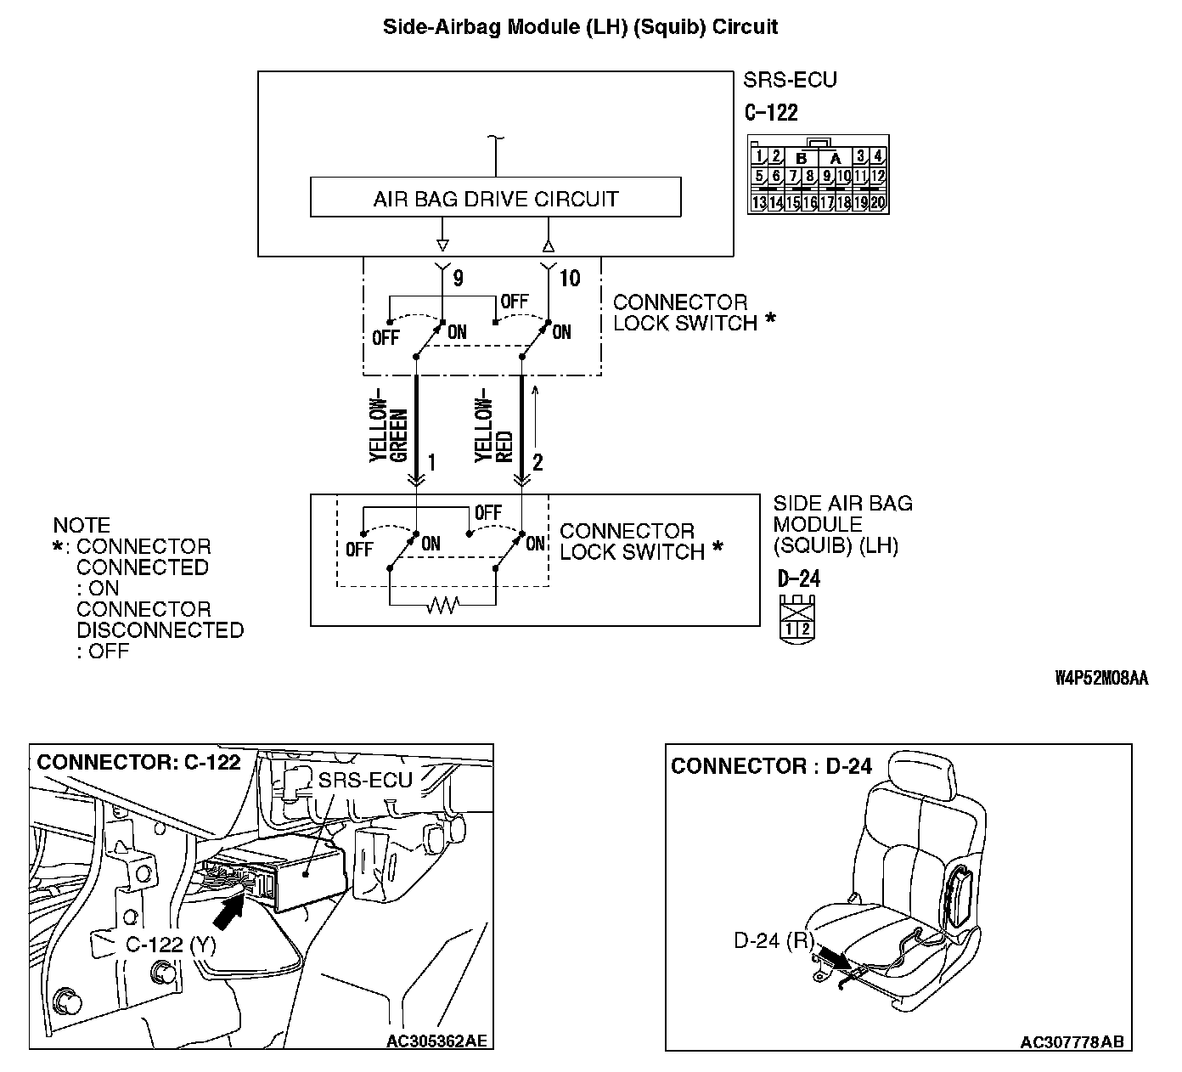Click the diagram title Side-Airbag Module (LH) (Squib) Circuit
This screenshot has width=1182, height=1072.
(580, 26)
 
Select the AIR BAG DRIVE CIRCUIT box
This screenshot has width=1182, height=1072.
(495, 198)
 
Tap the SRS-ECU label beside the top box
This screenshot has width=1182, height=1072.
(790, 80)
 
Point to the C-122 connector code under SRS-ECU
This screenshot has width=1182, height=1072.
(771, 112)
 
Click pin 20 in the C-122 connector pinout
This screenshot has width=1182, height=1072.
(878, 203)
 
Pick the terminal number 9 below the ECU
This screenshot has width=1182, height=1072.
(458, 279)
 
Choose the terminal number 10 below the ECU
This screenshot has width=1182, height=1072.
(570, 279)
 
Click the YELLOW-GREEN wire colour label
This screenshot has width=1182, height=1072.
(389, 430)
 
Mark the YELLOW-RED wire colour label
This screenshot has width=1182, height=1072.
(494, 430)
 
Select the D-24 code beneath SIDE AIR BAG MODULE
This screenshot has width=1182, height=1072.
(799, 579)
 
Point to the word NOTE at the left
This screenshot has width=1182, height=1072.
(82, 526)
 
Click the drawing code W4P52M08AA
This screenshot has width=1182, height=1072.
(1101, 678)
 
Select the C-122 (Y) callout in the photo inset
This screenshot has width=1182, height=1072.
(170, 945)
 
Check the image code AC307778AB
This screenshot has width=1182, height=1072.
(1072, 1042)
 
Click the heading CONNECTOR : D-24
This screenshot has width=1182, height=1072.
(771, 766)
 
